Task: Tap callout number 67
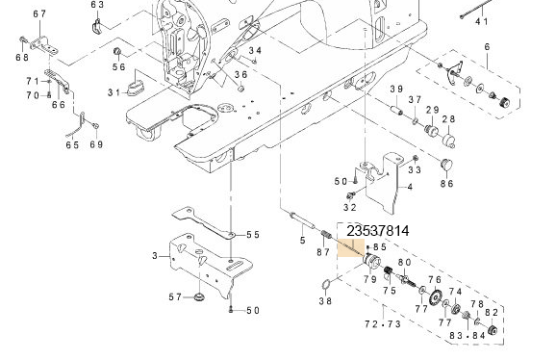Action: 38,13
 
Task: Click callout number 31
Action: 114,92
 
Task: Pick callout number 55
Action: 253,235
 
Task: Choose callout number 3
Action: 155,255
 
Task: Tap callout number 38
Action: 325,301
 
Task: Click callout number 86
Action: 446,182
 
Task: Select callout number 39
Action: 395,90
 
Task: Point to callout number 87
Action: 323,252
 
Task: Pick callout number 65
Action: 72,145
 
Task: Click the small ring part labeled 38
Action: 327,283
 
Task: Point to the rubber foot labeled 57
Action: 198,296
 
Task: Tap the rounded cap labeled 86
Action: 446,163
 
